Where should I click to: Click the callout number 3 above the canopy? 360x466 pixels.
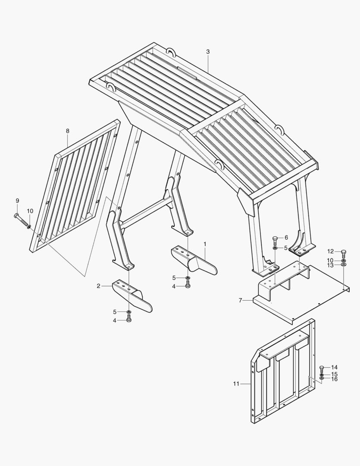coord(208,52)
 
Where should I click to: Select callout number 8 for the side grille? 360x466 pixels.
coord(68,131)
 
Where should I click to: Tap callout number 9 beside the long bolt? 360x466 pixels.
coord(17,201)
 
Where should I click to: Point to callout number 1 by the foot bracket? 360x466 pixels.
coord(205,244)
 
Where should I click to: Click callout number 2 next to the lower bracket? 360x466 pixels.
coord(98,286)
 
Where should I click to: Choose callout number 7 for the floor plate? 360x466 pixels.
coord(241,300)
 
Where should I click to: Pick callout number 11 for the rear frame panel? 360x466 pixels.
coord(236,384)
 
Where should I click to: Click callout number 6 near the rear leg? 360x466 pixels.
coord(286,237)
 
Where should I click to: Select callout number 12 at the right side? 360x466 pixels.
coord(331,252)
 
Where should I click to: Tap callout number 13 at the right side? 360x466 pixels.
coord(331,265)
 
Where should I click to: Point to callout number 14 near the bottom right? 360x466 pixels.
coord(335,368)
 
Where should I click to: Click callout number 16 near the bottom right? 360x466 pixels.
coord(335,379)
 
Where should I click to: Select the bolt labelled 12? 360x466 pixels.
coord(344,254)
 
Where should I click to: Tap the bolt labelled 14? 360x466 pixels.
coord(322,370)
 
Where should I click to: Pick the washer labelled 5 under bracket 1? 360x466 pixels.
coord(188,278)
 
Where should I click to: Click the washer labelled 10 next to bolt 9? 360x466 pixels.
coord(29,227)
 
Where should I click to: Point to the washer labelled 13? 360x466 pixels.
coord(344,264)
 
